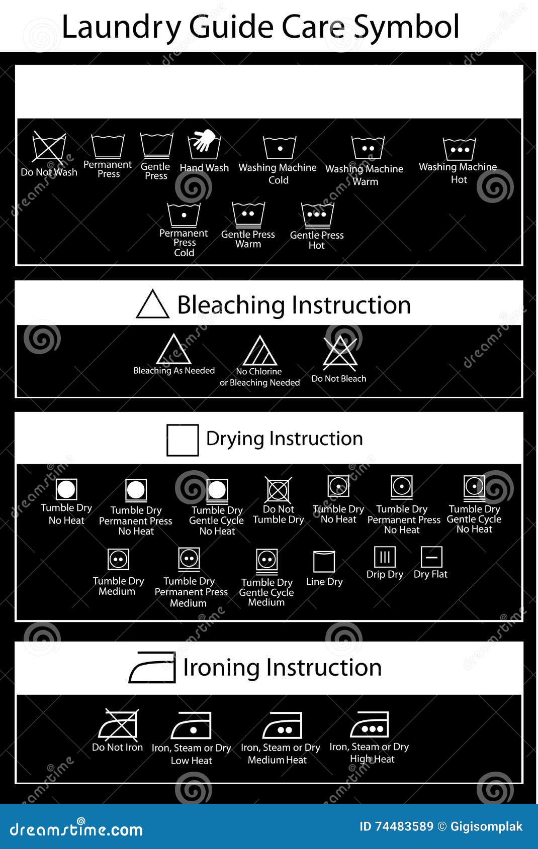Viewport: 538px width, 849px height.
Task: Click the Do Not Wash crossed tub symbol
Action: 49,147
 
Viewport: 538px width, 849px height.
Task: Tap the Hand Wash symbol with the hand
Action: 204,145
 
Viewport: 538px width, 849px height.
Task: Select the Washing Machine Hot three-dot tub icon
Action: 459,149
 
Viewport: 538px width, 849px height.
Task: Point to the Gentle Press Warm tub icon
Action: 248,215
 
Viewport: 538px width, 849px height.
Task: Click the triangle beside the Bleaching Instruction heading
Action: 152,304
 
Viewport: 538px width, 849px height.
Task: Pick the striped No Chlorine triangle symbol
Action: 259,351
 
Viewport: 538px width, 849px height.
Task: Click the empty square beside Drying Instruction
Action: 183,440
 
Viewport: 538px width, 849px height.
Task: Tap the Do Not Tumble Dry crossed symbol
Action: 279,490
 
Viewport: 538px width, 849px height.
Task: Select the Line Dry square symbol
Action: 324,562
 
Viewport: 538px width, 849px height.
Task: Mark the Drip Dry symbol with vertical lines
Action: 385,557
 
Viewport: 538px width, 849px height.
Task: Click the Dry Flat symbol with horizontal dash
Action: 431,557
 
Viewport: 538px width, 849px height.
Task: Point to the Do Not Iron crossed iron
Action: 118,725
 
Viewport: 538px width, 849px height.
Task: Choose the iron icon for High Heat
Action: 370,725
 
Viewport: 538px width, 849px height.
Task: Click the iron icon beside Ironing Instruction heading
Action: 152,668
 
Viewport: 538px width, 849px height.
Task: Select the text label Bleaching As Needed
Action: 174,371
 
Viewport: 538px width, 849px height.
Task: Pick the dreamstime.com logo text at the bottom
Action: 76,829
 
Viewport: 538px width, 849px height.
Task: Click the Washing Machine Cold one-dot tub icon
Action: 280,148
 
